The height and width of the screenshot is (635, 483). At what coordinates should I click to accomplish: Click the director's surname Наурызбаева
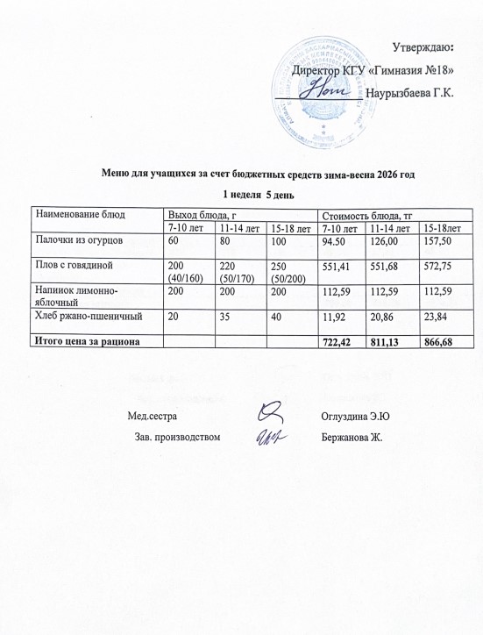410,92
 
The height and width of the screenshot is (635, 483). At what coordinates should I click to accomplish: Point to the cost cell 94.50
337,239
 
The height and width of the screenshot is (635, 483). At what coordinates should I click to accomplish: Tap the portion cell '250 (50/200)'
285,268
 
